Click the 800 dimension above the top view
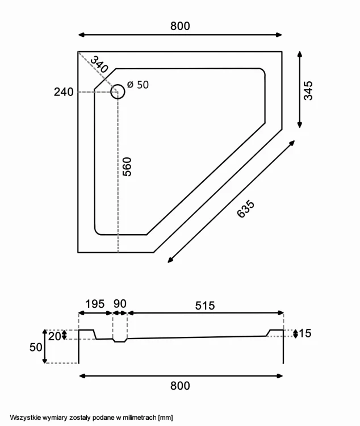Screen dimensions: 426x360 180,26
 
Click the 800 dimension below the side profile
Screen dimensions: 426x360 180,386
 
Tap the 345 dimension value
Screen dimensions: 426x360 308,90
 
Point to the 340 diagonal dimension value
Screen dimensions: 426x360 99,64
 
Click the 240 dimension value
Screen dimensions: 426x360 64,92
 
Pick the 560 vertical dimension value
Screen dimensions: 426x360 127,166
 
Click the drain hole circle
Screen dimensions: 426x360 118,92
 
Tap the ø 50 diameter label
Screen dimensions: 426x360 138,85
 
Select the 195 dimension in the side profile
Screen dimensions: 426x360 95,304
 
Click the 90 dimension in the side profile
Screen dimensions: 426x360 120,304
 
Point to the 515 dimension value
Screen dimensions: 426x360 204,305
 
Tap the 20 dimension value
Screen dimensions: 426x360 55,335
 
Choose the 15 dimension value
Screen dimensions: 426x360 305,333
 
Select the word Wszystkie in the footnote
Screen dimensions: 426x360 23,417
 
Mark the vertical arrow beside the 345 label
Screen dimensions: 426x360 299,90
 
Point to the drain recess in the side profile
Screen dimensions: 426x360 120,340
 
